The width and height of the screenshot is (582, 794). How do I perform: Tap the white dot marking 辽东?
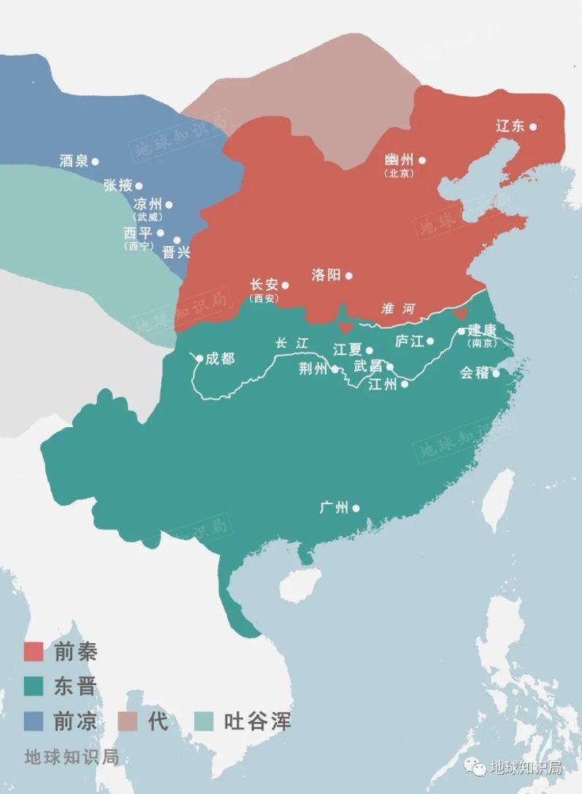(534, 126)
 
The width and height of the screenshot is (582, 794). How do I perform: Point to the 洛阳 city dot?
(349, 276)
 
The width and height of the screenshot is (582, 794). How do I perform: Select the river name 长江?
(291, 344)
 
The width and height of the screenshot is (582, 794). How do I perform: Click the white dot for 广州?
(356, 508)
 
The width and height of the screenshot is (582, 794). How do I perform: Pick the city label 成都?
(220, 358)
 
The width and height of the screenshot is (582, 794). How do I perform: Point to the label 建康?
(482, 330)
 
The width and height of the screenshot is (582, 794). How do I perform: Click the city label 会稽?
(474, 372)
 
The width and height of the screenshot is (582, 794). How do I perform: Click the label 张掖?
(118, 185)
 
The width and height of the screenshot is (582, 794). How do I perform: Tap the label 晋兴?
(176, 252)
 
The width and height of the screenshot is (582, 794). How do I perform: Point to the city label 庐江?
(409, 341)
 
